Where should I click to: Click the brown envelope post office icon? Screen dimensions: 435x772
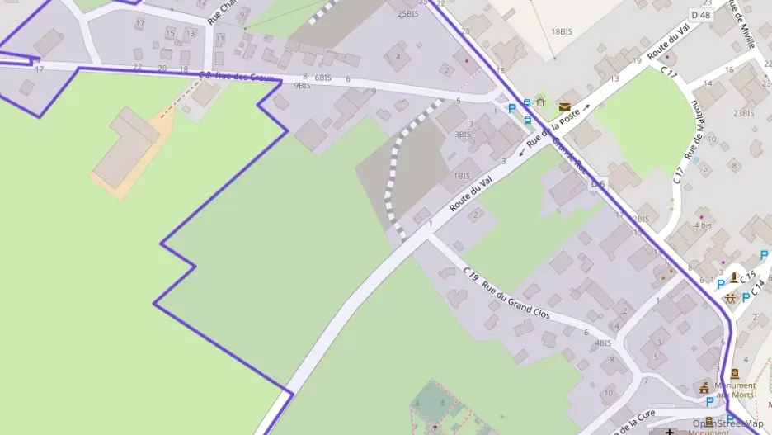564,106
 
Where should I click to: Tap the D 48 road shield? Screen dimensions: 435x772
700,15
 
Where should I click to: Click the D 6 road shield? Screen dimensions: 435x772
598,184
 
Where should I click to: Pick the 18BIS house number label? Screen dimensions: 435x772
561,31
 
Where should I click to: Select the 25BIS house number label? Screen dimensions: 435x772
407,14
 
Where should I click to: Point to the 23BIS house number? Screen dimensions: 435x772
744,113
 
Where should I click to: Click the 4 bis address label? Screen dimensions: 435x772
703,225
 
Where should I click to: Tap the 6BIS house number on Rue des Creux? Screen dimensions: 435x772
323,78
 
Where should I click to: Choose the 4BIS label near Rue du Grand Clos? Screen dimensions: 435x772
604,343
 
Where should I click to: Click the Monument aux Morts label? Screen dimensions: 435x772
735,390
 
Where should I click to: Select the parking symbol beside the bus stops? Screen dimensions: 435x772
512,107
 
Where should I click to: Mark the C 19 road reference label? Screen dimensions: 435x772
471,274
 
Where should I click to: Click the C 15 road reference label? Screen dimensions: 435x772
748,276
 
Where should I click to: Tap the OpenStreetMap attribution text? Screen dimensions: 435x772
727,423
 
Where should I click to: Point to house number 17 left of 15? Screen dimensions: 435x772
139,22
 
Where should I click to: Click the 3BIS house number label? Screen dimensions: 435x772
462,135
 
